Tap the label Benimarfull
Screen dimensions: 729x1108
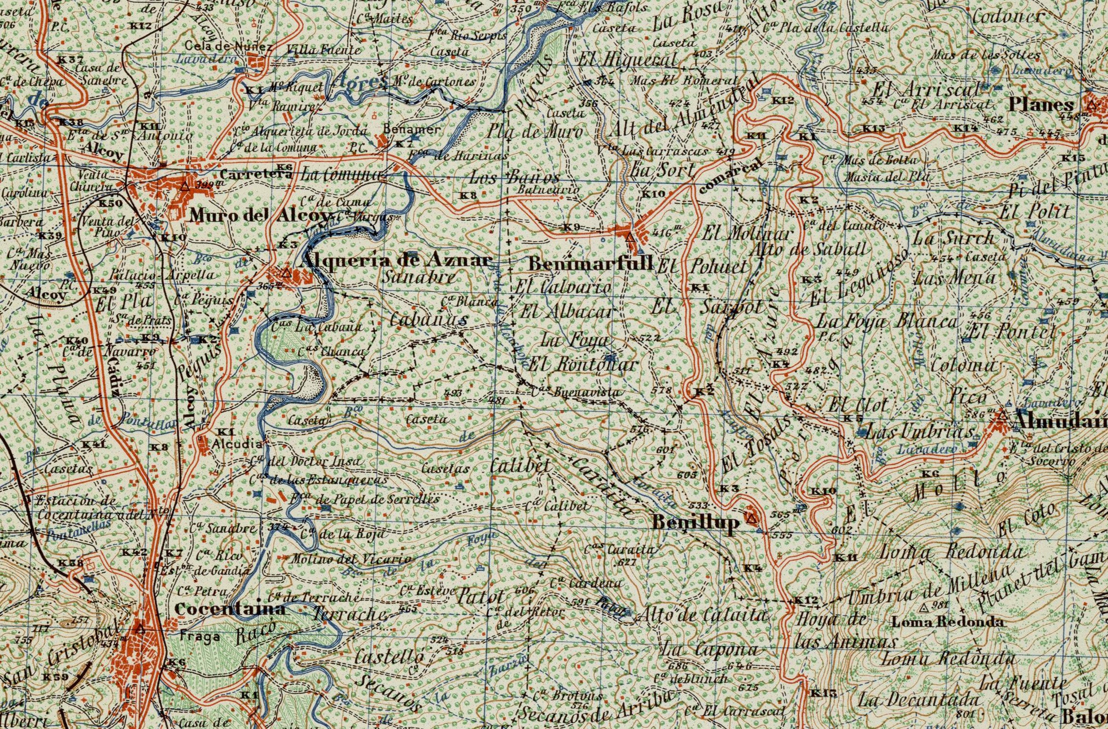[x=590, y=264]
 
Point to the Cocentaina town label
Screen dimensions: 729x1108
[x=229, y=608]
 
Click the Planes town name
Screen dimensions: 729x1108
[x=1041, y=105]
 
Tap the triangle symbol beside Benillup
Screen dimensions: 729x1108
[x=752, y=518]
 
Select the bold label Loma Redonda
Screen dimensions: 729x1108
[x=948, y=622]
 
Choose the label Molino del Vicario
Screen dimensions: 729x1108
[x=351, y=559]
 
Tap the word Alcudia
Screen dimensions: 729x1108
[x=237, y=444]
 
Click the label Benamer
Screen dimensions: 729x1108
[x=412, y=129]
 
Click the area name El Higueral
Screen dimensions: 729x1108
[x=627, y=61]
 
